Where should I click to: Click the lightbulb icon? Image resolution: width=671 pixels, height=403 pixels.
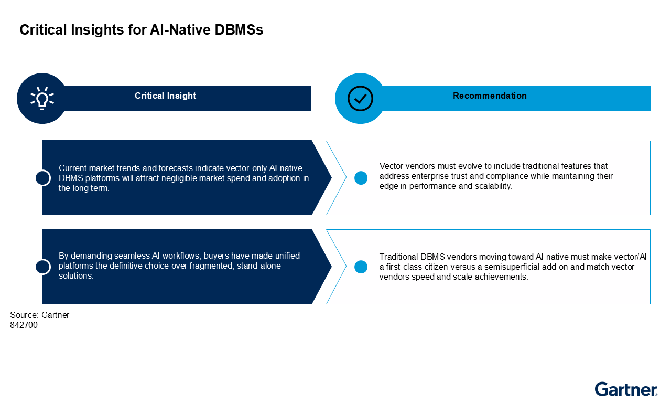click(x=42, y=98)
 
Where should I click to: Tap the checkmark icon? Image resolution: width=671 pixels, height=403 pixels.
click(x=360, y=98)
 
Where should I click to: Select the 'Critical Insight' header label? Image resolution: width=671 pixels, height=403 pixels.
click(x=165, y=96)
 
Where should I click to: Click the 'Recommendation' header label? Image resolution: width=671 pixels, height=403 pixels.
click(x=490, y=96)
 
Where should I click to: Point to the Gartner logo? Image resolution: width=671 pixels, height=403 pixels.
click(x=626, y=389)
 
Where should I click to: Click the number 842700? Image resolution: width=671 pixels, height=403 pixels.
click(x=24, y=325)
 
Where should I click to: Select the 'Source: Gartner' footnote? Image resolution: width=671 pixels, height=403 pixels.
click(x=39, y=315)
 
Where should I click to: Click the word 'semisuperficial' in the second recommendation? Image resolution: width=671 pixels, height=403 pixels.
click(x=497, y=267)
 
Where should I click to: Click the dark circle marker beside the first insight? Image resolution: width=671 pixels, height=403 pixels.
click(x=42, y=178)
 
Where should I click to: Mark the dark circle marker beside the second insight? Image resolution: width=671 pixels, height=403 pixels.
click(x=42, y=267)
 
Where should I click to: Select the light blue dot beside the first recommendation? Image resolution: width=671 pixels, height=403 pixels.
click(x=361, y=178)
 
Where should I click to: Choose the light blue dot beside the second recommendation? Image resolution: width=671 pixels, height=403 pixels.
click(x=361, y=267)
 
